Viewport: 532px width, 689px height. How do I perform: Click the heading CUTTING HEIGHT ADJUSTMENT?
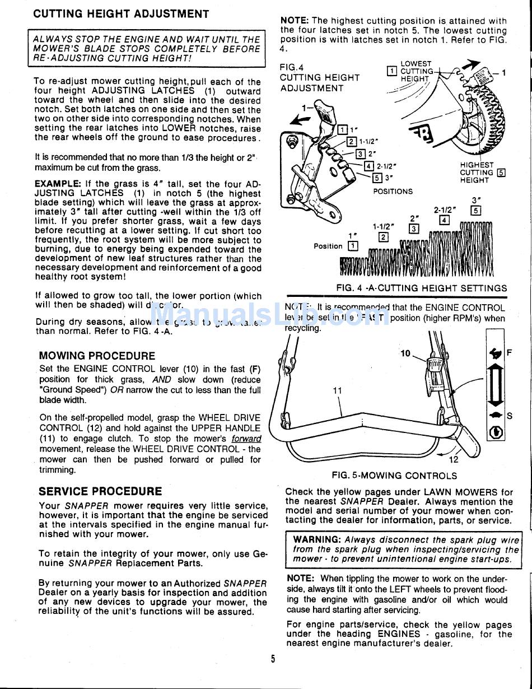(x=121, y=14)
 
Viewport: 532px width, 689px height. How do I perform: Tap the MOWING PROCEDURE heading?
(x=97, y=356)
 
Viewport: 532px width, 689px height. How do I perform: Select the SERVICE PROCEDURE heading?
(x=100, y=491)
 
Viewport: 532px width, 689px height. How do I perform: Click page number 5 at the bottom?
(x=273, y=659)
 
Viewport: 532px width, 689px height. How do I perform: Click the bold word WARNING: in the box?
(x=317, y=539)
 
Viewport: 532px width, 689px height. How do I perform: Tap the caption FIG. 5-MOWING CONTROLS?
(x=394, y=476)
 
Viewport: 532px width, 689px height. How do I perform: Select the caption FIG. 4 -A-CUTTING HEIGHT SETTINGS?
(x=421, y=288)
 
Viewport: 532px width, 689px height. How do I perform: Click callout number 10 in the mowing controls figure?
(x=405, y=353)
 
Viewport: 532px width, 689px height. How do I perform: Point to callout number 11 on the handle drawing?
(x=337, y=390)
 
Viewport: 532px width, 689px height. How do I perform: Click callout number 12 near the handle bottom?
(x=454, y=460)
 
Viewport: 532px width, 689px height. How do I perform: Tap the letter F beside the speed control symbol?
(x=510, y=353)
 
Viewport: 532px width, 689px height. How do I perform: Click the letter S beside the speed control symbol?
(x=510, y=416)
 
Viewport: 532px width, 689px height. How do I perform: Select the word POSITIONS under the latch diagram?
(x=393, y=191)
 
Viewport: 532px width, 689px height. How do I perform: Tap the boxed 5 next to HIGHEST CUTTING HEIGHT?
(x=501, y=173)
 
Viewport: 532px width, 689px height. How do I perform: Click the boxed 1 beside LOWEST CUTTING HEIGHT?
(x=392, y=71)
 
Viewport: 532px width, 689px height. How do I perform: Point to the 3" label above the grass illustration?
(x=477, y=200)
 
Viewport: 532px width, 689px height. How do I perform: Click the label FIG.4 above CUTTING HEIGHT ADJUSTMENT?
(x=291, y=67)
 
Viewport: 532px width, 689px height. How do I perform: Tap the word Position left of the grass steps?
(x=328, y=246)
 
